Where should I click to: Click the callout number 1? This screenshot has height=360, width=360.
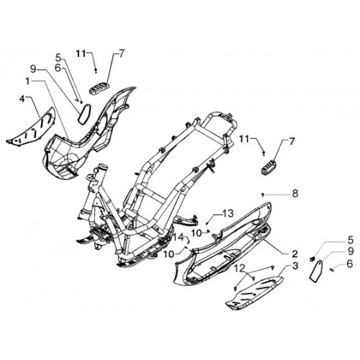[x=28, y=82]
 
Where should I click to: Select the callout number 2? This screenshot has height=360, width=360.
[x=294, y=253]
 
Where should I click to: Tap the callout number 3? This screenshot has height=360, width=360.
[x=294, y=266]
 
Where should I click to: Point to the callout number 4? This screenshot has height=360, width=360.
[x=22, y=99]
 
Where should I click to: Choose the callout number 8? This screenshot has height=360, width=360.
[x=294, y=194]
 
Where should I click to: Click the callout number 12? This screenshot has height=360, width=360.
[x=240, y=268]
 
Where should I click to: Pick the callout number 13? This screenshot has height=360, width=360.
[x=228, y=213]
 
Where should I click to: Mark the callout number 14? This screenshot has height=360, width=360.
[x=179, y=238]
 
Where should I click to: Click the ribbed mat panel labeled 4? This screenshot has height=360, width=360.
[x=31, y=127]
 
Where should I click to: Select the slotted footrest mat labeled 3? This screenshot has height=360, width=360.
[x=254, y=293]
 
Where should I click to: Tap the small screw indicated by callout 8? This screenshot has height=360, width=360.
[x=263, y=195]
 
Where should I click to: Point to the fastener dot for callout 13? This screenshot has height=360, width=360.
[x=207, y=223]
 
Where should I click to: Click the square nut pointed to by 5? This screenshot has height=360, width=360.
[x=312, y=258]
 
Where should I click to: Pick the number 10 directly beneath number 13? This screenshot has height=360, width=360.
[x=197, y=233]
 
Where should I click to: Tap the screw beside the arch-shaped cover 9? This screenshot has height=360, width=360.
[x=332, y=270]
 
